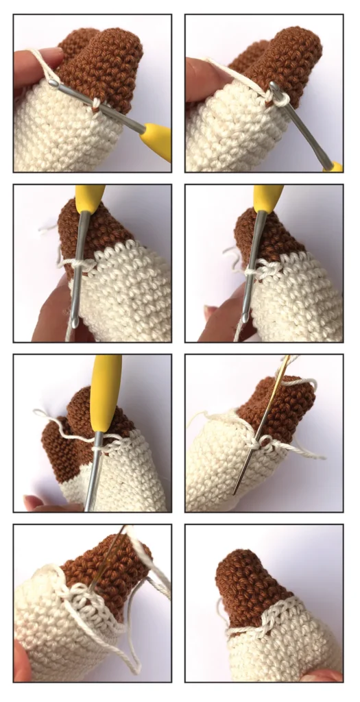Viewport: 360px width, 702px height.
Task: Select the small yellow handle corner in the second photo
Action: coord(335,166)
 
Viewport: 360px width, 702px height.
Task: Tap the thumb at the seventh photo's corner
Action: coord(21,668)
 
